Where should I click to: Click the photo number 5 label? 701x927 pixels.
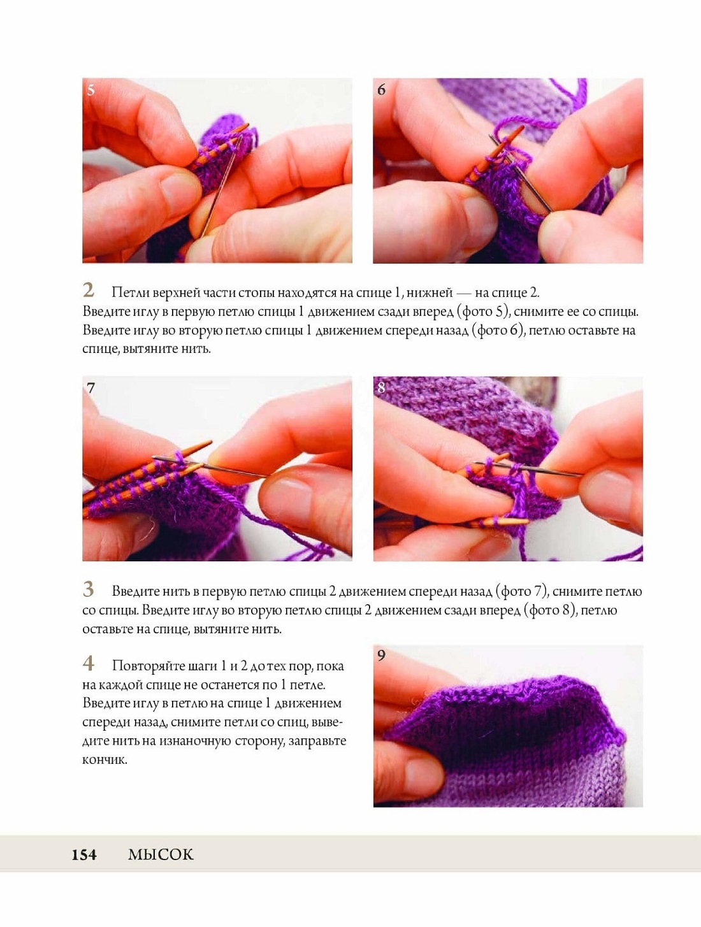click(90, 90)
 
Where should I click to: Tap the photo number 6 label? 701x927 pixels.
click(381, 90)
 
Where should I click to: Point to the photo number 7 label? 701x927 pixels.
click(90, 388)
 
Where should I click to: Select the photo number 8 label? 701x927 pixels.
click(381, 388)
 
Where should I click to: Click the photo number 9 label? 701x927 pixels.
click(381, 655)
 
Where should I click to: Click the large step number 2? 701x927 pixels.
click(88, 291)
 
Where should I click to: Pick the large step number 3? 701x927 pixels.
click(88, 589)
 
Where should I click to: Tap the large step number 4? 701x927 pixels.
click(88, 663)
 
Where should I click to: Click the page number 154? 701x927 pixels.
click(84, 855)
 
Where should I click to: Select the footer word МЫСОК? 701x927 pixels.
click(161, 855)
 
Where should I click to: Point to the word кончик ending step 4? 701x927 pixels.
click(105, 760)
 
